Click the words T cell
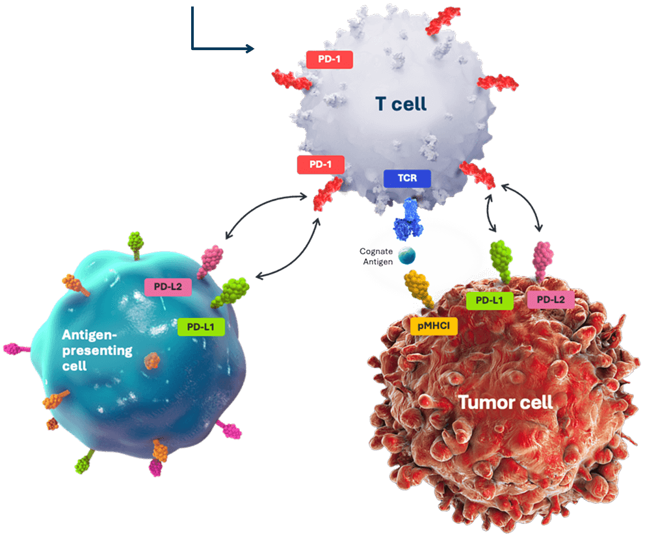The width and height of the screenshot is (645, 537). [401, 103]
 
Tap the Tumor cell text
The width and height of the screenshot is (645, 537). [505, 402]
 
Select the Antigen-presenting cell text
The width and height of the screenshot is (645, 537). [97, 350]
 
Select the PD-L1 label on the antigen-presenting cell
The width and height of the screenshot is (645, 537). [202, 327]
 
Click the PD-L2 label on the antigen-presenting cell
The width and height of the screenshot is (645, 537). [167, 287]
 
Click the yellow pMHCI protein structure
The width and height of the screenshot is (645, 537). [419, 287]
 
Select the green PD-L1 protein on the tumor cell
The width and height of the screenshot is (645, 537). [500, 261]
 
